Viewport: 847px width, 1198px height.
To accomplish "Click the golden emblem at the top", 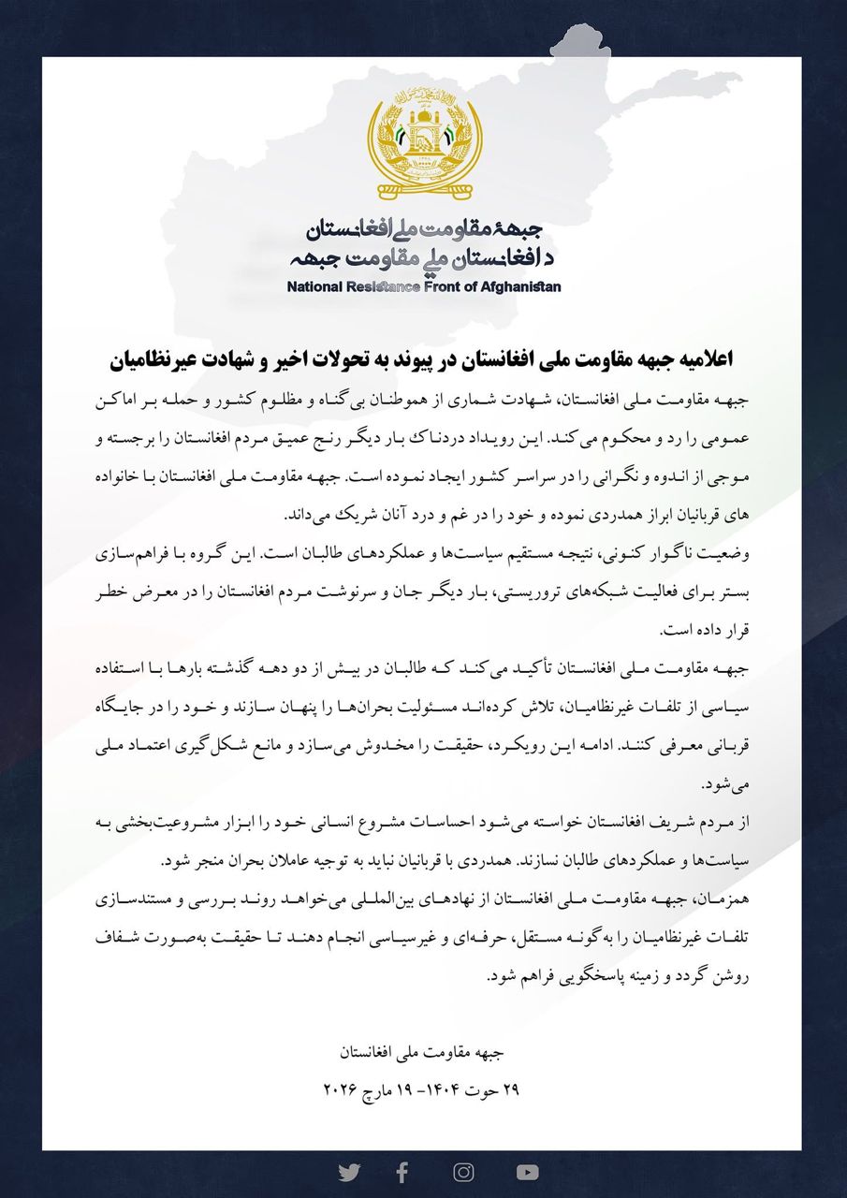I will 424,139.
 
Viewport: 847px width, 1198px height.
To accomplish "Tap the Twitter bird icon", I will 349,1172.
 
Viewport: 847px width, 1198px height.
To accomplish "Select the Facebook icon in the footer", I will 402,1172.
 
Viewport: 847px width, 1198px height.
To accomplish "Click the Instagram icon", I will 463,1172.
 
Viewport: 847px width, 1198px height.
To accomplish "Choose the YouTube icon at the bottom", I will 527,1172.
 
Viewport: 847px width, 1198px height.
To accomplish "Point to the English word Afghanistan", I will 521,286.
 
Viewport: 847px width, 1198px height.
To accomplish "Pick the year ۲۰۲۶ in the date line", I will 343,1089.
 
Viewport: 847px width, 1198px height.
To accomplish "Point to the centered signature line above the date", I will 423,1052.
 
